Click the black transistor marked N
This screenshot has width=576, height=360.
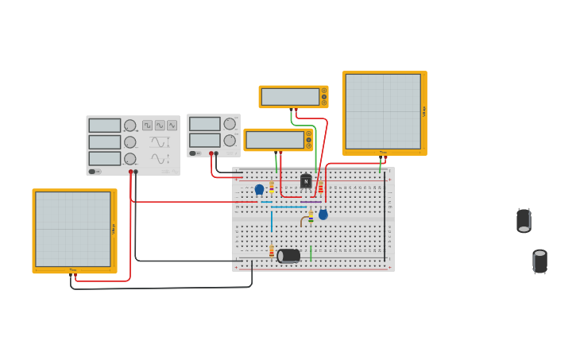306,181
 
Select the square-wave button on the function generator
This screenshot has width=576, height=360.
148,126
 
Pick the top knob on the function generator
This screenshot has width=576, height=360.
130,126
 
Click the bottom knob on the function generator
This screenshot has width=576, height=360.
130,158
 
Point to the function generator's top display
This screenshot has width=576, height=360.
104,126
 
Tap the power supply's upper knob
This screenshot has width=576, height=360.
230,124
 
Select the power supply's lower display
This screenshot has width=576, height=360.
204,141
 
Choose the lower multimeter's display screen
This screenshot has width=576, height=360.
275,140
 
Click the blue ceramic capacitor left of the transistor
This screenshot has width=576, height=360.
259,189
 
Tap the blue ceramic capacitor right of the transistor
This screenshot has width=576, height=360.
323,214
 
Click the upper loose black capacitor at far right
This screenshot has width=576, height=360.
524,220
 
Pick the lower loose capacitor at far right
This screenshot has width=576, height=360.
540,261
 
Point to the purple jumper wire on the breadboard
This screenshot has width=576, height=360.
311,202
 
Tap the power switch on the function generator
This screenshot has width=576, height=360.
93,172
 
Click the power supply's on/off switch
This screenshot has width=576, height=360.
193,153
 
